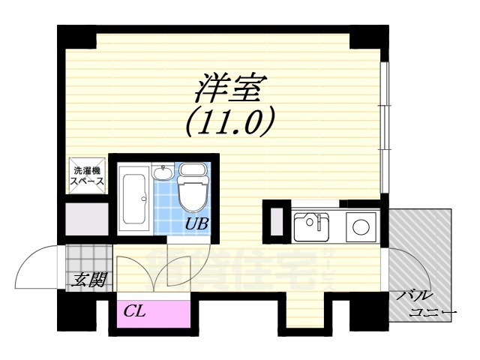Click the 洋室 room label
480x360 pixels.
coord(228,88)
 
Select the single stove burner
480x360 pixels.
coord(360,225)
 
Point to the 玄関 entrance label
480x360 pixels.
coord(88,281)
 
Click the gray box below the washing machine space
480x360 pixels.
coord(84,218)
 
